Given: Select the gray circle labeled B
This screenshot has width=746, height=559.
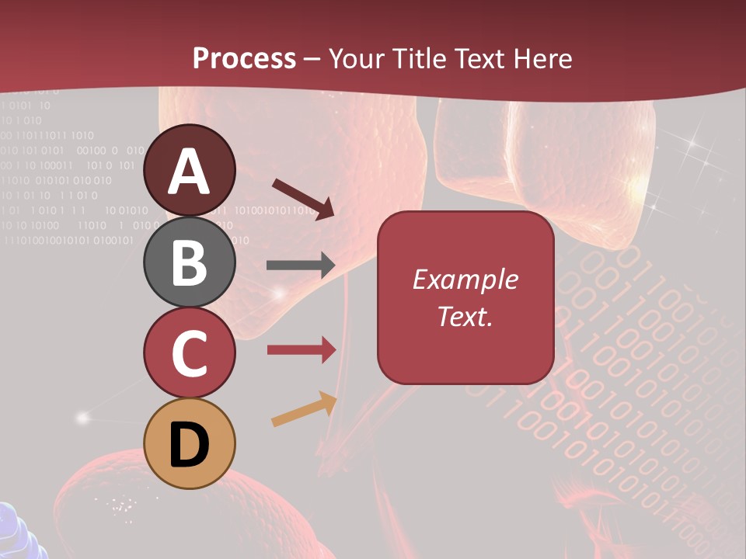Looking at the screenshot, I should click(x=189, y=262).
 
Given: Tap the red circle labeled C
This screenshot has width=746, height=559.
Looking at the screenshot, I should click(x=189, y=352).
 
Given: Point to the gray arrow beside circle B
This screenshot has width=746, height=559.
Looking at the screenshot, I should click(x=301, y=266).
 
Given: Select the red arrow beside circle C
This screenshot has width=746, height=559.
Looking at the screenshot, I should click(x=301, y=350).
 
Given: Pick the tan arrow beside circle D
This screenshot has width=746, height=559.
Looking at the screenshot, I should click(x=304, y=409).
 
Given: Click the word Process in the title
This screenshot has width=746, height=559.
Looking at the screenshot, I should click(x=244, y=58).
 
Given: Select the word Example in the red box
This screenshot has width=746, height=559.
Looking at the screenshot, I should click(x=465, y=279).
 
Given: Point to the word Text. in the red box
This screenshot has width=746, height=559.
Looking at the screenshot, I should click(x=465, y=316).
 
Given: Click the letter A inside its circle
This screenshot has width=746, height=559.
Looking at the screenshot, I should click(x=189, y=172).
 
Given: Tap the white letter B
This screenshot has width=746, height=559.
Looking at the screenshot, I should click(x=189, y=262).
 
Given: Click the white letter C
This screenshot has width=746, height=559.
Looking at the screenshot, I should click(x=189, y=352).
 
